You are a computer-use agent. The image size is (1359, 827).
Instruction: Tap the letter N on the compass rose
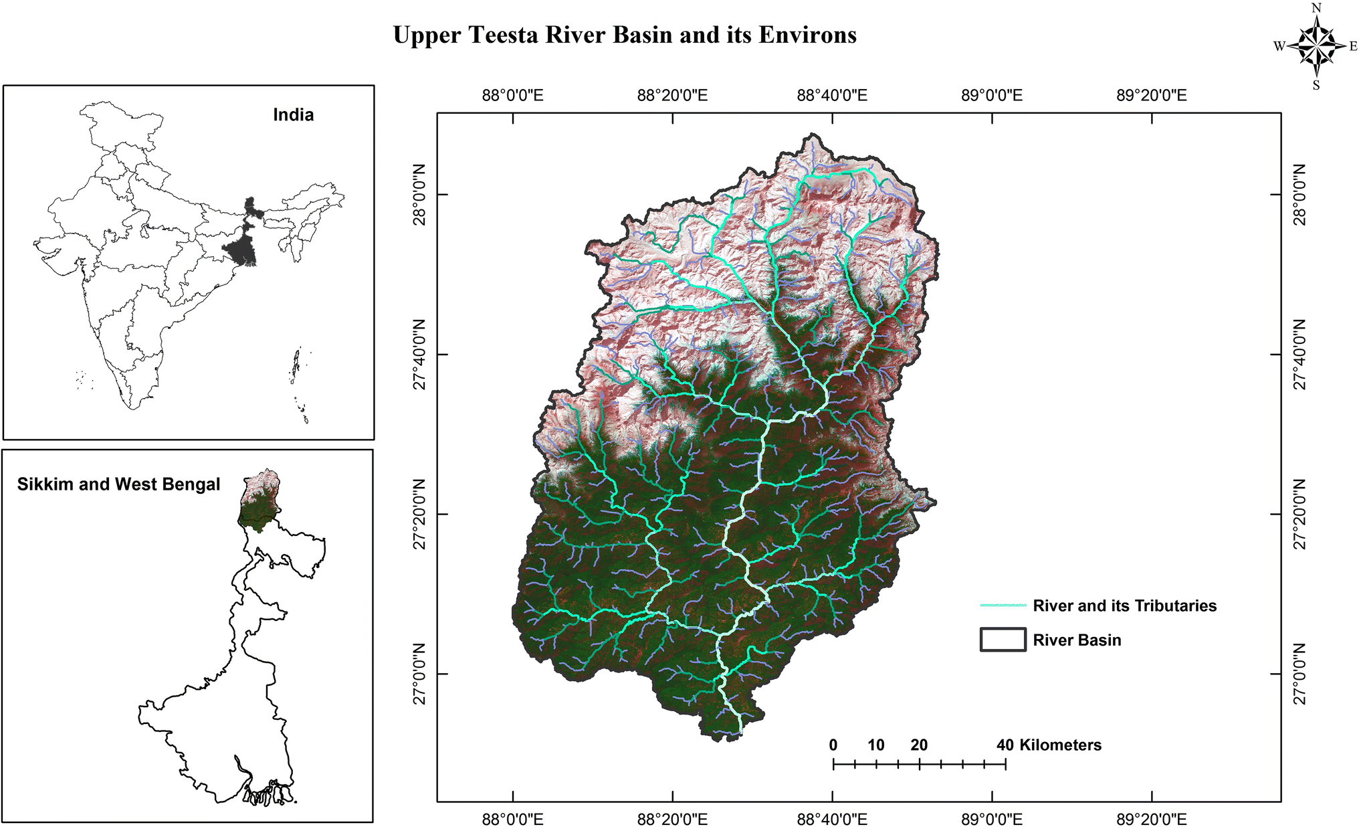[x=1316, y=8]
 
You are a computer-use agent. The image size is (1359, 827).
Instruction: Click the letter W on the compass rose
[x=1279, y=46]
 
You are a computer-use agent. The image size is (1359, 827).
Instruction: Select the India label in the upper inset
[x=293, y=115]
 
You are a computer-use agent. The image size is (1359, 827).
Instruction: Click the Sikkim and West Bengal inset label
[x=118, y=484]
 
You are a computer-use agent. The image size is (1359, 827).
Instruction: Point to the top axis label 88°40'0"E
[x=832, y=95]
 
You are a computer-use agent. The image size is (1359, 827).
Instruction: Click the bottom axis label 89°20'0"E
[x=1152, y=819]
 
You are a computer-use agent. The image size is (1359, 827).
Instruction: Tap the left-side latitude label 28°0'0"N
[x=419, y=195]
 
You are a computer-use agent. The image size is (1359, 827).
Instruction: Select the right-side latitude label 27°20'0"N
[x=1299, y=514]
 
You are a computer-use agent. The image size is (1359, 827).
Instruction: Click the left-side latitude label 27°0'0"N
[x=419, y=674]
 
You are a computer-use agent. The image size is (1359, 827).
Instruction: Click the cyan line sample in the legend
[x=1003, y=606]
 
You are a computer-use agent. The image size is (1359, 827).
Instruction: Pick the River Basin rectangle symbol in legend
[x=1003, y=640]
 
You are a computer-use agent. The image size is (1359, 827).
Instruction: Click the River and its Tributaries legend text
[x=1125, y=606]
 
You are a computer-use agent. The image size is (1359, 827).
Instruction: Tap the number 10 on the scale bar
[x=876, y=745]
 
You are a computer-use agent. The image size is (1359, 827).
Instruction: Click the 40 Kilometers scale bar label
[x=1049, y=745]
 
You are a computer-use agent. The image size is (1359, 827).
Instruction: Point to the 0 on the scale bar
[x=833, y=745]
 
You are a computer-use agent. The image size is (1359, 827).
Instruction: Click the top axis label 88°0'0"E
[x=512, y=95]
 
